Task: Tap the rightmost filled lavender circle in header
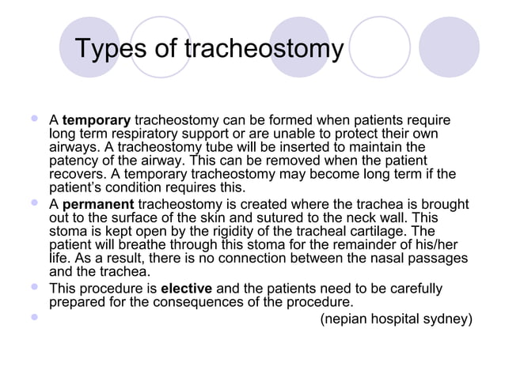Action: point(449,47)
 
